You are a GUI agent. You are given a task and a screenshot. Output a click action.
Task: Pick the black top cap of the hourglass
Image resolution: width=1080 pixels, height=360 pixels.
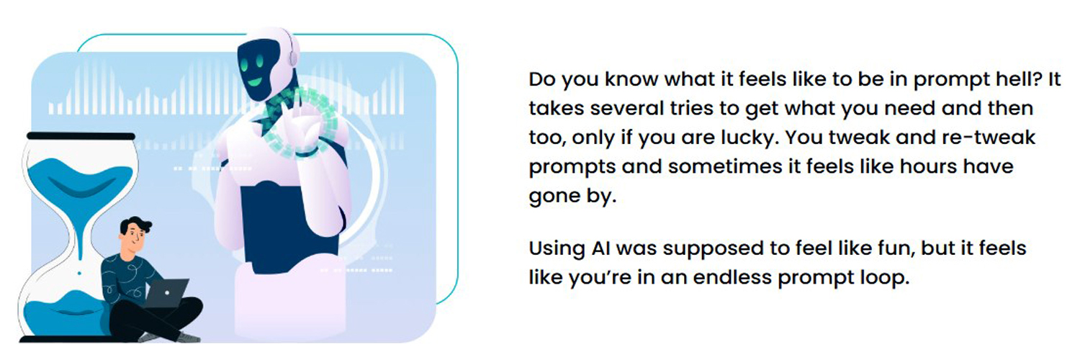[x=80, y=136]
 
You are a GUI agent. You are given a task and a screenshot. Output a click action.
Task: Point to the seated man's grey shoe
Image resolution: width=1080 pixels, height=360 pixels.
[x=189, y=337]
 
